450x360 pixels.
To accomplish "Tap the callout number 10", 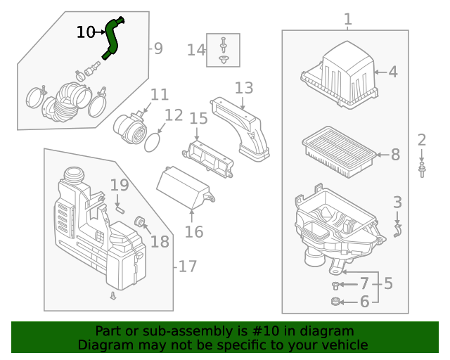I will tap(85, 32).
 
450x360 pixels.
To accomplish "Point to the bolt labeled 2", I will tap(421, 169).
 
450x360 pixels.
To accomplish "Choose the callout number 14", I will tap(196, 50).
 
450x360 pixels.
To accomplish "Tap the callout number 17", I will tap(188, 267).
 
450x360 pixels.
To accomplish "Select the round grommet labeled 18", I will tap(140, 224).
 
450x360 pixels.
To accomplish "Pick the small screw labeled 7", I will tap(335, 285).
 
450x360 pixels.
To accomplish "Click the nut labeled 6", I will tap(335, 302).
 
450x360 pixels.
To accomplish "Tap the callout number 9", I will tap(158, 49).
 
